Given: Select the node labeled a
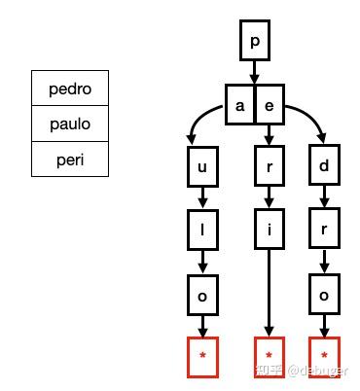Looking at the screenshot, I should pos(239,106).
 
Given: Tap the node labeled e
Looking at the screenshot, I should pos(269,106).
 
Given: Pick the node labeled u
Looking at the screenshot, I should pos(202,166).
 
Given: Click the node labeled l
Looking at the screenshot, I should pos(202,231).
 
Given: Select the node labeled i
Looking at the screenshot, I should pos(269,231).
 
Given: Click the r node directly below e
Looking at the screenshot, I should pos(269,166).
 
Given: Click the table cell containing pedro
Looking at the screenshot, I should pos(69,89).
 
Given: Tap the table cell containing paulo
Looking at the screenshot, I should pos(69,124).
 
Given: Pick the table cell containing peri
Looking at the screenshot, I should pos(69,159).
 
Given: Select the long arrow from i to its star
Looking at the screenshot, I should pos(269,292).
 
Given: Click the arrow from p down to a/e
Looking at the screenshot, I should pos(255,74).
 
